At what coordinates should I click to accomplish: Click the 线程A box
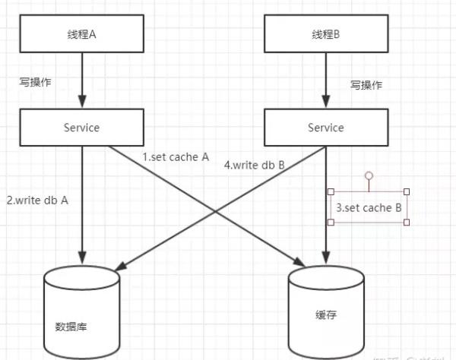81,36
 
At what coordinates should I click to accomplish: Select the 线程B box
325,36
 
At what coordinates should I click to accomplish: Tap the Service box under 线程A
81,128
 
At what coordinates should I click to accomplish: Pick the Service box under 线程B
325,128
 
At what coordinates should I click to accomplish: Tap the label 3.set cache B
369,207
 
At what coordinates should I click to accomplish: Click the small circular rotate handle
369,176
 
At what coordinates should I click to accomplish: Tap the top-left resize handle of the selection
331,191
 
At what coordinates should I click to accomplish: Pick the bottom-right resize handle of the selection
407,222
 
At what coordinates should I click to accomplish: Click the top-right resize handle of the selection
407,191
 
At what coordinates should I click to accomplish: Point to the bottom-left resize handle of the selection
331,222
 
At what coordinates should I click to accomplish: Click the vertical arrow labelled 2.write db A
81,205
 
